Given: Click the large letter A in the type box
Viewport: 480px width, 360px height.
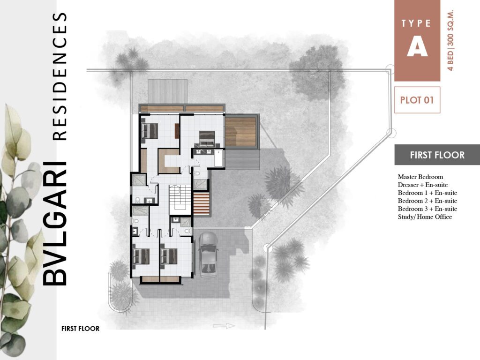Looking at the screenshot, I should [417, 47].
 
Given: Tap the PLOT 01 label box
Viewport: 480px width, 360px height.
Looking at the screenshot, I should [417, 100].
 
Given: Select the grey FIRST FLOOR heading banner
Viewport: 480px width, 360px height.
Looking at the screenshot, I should [437, 155].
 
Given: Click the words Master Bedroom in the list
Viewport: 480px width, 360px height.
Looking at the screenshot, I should [420, 177].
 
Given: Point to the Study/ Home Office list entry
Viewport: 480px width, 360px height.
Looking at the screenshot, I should [425, 217].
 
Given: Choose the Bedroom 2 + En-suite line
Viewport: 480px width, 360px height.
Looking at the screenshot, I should [427, 201].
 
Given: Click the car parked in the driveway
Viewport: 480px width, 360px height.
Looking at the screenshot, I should [208, 254].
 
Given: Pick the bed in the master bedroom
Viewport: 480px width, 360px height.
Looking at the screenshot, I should [207, 138].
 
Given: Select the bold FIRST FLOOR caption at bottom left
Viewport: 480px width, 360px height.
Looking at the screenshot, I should [80, 329].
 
